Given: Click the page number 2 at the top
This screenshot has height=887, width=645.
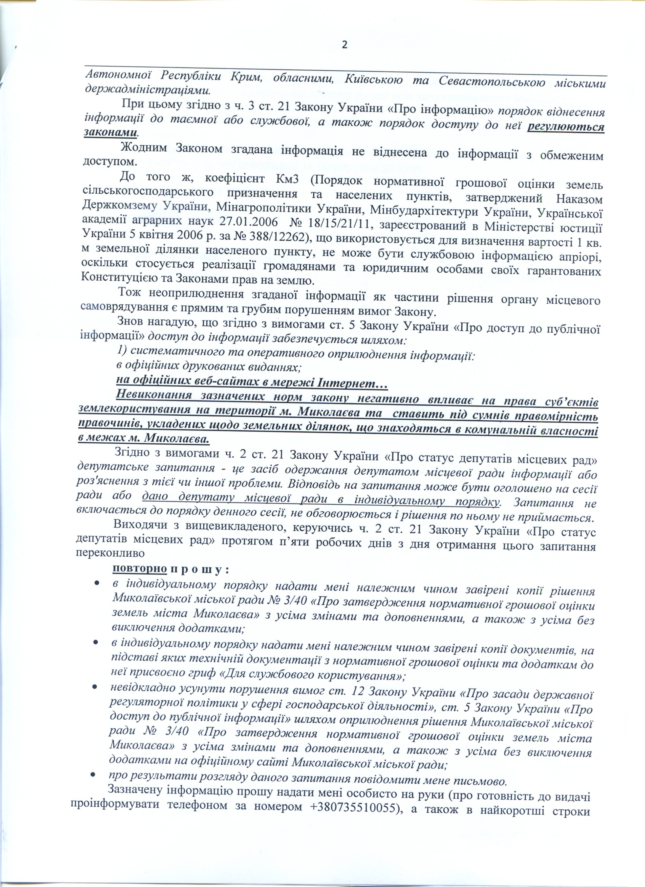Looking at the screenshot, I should [345, 45].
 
